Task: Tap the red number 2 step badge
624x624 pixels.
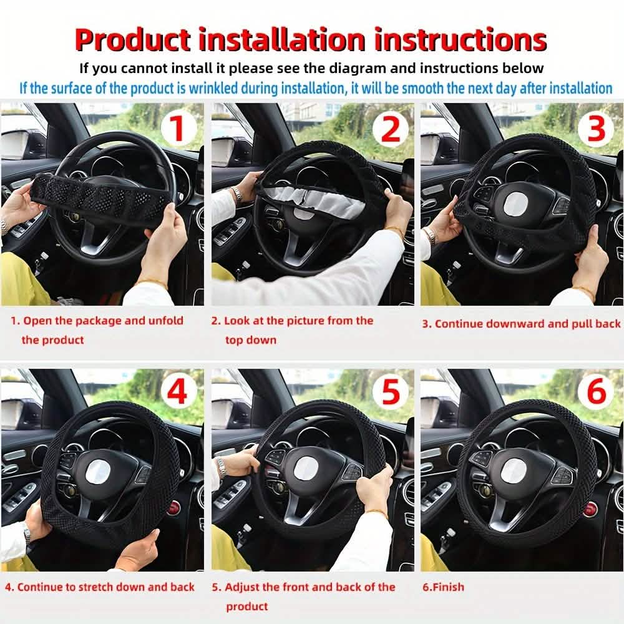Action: point(390,129)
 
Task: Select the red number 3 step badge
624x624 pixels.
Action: point(597,129)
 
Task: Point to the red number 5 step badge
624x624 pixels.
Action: point(390,392)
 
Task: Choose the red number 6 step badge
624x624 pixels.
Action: point(597,392)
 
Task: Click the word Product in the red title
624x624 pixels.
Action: point(132,39)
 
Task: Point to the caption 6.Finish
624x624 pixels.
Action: point(444,587)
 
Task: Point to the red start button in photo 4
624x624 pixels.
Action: point(173,507)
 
